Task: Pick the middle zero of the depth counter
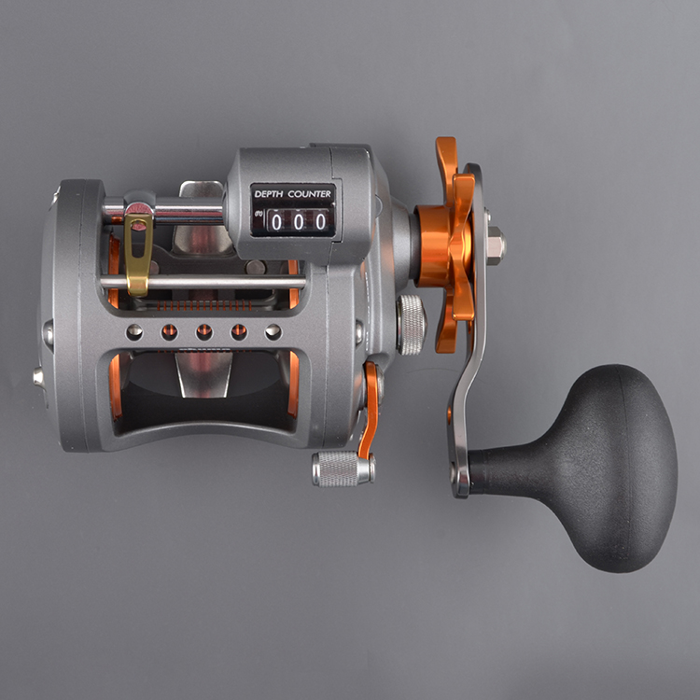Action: [299, 221]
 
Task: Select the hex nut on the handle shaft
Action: [495, 246]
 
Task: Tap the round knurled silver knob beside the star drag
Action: [411, 324]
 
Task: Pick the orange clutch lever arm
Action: [369, 411]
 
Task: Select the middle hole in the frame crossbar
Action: [204, 331]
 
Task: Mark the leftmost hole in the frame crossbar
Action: [134, 331]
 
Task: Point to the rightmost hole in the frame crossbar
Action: [273, 331]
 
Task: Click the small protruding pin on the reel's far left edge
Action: [38, 376]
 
